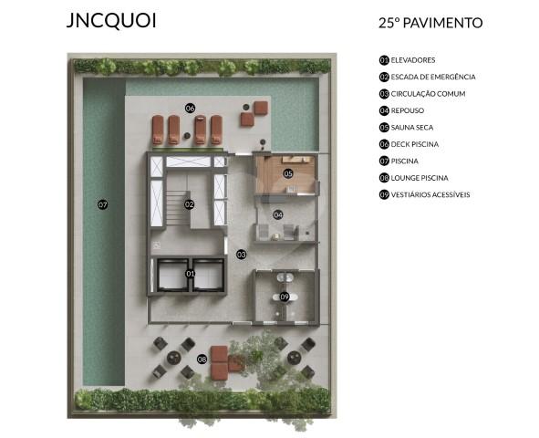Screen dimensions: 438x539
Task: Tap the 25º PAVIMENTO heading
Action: [430, 23]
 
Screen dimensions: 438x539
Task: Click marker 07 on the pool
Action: [103, 204]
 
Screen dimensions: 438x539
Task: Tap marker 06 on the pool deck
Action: [190, 108]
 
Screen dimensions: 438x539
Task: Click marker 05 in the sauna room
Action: [287, 172]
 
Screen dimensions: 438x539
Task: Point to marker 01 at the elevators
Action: [191, 273]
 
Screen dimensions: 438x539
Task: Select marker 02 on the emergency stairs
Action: [190, 204]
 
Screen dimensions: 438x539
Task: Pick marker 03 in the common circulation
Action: [242, 254]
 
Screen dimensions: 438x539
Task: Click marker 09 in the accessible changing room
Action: [285, 297]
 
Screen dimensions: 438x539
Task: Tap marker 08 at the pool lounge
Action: [202, 359]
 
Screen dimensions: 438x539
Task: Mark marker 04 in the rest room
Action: [278, 215]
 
